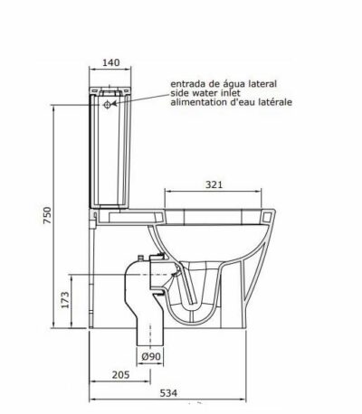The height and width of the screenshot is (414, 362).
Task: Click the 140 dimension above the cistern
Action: point(111,62)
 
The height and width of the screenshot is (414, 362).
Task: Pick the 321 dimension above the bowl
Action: point(214,184)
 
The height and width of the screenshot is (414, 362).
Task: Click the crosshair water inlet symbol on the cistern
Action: point(110,105)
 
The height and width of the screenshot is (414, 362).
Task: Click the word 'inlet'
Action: point(237,94)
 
